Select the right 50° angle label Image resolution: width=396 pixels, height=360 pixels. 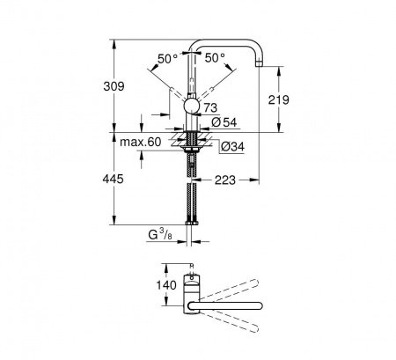point(216,59)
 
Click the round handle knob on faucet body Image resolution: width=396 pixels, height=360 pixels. point(191,107)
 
